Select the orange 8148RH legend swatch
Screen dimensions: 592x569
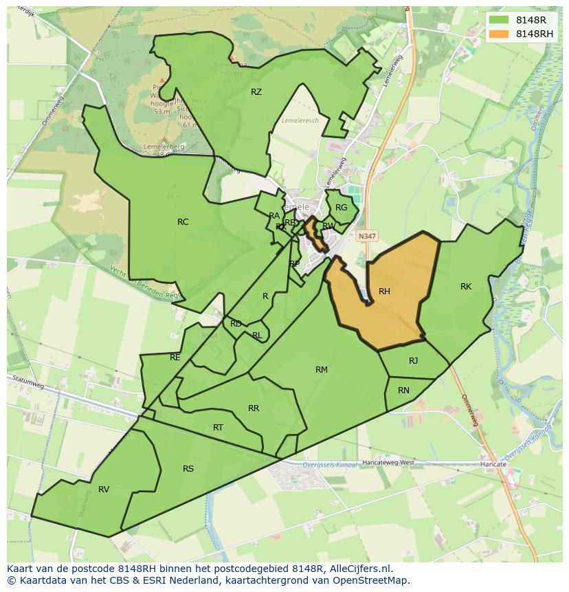[500, 34]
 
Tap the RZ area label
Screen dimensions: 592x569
[256, 92]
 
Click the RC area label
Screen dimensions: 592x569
[183, 222]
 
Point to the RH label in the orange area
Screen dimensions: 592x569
[384, 292]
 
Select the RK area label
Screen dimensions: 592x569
[466, 287]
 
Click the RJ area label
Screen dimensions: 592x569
[413, 361]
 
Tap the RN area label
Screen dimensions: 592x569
[403, 391]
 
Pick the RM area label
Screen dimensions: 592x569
[321, 370]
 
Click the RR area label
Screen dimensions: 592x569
[254, 408]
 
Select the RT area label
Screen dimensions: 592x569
[218, 428]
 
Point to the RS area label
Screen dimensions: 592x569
[188, 469]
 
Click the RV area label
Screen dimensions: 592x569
[104, 490]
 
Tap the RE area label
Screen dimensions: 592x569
[175, 358]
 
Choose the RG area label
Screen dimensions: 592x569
[341, 208]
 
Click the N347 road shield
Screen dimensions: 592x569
[367, 236]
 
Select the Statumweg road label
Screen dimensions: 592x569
[29, 382]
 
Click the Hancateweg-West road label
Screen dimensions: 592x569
[388, 463]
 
